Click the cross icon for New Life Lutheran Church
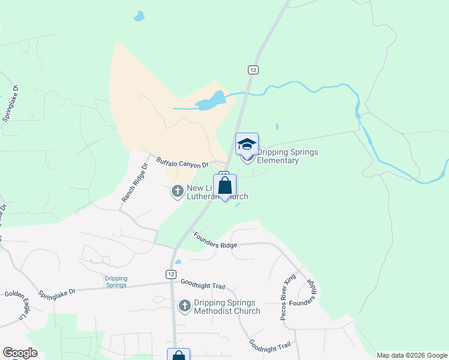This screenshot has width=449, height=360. [177, 191]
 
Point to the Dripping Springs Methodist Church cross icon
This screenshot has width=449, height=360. [184, 307]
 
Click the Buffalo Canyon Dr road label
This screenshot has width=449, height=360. [182, 162]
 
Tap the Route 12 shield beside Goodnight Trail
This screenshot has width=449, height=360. [171, 273]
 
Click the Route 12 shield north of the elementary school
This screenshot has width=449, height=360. [253, 70]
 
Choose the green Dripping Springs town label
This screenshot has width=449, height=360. [116, 281]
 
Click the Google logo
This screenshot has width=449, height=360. [20, 353]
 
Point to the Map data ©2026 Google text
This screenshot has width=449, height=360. [411, 355]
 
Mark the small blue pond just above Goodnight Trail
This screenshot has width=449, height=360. [178, 262]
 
